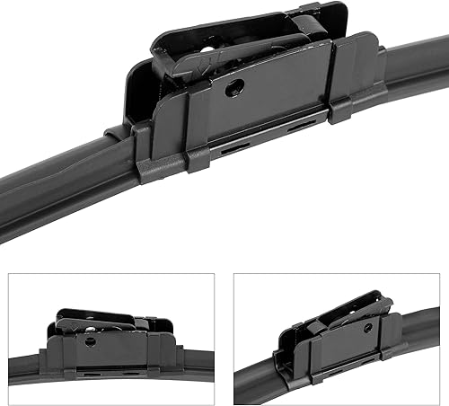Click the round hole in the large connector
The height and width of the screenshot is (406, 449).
236,86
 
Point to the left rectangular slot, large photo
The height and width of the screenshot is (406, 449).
234,148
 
